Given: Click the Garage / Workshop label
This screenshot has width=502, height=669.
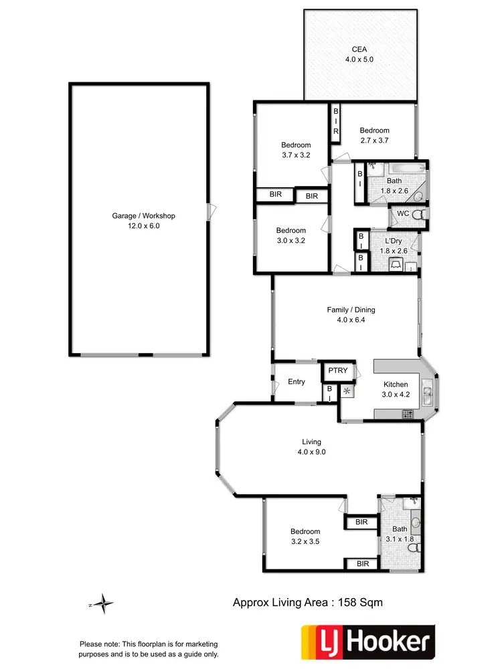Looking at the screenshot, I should click(143, 221).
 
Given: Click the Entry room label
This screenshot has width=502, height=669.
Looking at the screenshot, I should click(297, 382).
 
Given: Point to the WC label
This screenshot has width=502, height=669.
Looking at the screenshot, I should click(402, 214).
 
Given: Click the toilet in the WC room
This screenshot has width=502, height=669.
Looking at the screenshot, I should click(418, 215).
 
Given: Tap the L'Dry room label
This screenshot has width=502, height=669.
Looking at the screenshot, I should click(394, 240).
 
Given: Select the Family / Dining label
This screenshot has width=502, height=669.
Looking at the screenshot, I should click(351, 314).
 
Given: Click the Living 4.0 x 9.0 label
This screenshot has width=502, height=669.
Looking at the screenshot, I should click(311, 447).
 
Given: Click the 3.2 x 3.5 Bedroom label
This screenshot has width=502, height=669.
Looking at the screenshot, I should click(305, 537).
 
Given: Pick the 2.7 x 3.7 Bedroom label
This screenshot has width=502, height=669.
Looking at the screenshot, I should click(374, 136).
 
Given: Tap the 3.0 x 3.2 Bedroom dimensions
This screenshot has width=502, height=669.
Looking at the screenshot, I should click(291, 241).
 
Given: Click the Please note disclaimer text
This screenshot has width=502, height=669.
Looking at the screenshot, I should click(149, 650).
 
